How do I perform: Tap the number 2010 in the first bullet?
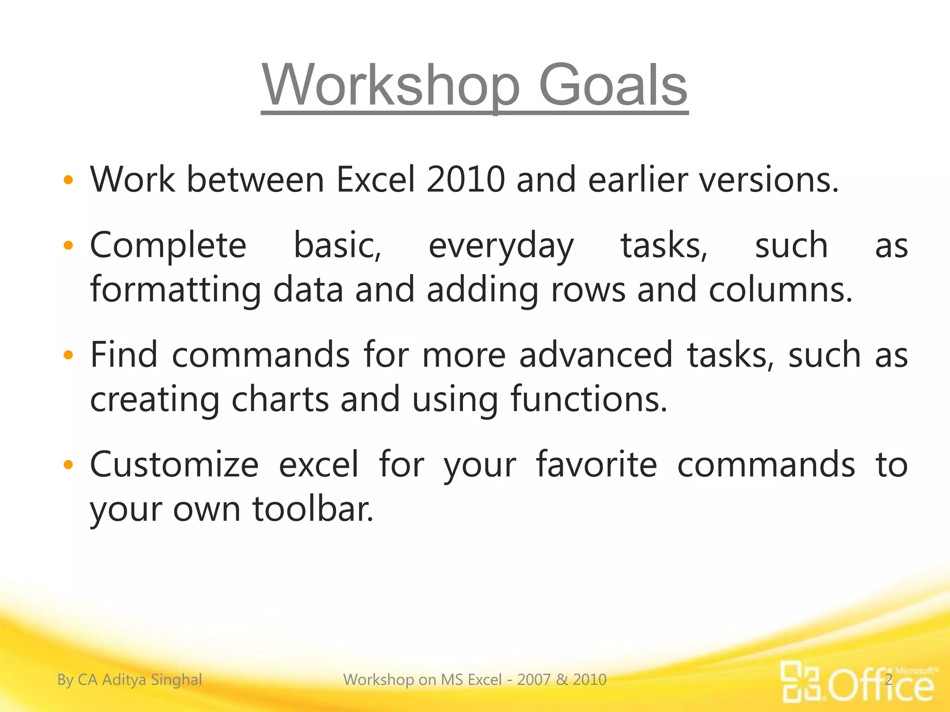point(465,180)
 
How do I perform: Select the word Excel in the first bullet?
point(375,180)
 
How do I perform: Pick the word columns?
point(780,290)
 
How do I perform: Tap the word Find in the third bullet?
point(123,355)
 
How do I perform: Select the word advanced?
point(596,355)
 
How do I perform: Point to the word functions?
point(588,400)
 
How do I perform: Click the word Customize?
point(174,465)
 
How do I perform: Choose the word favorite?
point(597,465)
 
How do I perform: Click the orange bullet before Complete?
point(68,246)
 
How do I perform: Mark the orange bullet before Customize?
point(68,464)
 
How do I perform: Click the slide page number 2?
point(889,680)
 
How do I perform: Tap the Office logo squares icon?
point(801,681)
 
